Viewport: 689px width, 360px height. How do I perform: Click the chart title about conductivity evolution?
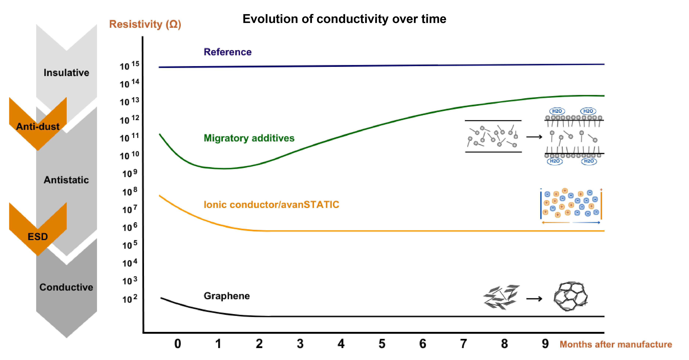[344, 19]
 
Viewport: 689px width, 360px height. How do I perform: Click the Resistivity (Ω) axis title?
[145, 24]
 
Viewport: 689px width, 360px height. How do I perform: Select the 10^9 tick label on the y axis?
[130, 173]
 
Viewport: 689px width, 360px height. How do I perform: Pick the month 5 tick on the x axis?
[382, 344]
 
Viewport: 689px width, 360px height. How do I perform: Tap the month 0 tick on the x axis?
[178, 344]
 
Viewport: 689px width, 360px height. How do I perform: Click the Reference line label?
[227, 52]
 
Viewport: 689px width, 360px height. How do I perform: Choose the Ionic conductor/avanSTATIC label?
[271, 205]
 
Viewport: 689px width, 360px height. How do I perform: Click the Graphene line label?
[226, 296]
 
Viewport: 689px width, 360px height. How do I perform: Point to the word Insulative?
[66, 73]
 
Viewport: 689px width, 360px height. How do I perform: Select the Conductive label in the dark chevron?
[66, 287]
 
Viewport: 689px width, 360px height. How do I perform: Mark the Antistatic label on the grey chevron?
[66, 180]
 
